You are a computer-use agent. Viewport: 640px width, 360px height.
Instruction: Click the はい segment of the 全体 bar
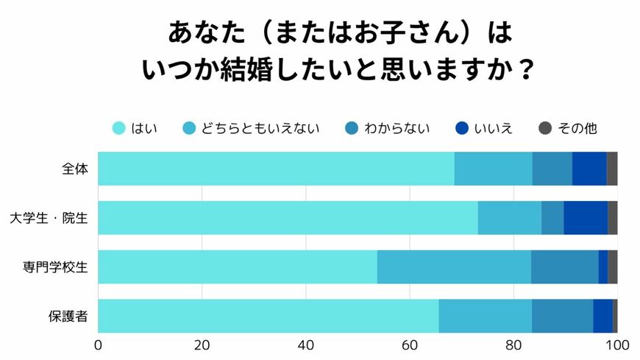pyautogui.click(x=276, y=169)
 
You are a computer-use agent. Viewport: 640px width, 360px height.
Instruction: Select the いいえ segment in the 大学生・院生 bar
pyautogui.click(x=586, y=218)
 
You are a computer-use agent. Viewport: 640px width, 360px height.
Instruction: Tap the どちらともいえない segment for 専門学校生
pyautogui.click(x=454, y=267)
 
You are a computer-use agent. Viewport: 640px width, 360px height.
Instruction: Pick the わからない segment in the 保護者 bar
pyautogui.click(x=562, y=316)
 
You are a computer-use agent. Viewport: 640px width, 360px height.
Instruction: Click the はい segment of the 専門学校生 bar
pyautogui.click(x=238, y=267)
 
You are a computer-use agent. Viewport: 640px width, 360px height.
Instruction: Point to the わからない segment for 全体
pyautogui.click(x=552, y=169)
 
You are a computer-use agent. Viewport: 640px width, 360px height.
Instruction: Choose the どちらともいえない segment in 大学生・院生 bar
pyautogui.click(x=509, y=218)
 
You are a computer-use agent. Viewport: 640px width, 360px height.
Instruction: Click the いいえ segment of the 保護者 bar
pyautogui.click(x=602, y=316)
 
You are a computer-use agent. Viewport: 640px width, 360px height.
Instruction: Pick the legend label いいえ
pyautogui.click(x=493, y=128)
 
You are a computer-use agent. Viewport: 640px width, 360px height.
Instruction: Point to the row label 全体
pyautogui.click(x=75, y=169)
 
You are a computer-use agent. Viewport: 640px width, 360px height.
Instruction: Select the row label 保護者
pyautogui.click(x=68, y=316)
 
